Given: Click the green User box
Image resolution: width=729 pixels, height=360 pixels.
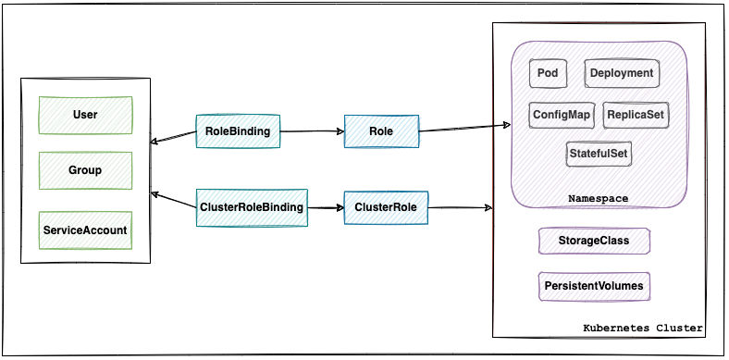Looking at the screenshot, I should click(85, 115).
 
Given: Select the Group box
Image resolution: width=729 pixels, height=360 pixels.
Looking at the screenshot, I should click(85, 170).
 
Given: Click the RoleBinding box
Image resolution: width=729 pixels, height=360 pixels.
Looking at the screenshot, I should click(238, 131).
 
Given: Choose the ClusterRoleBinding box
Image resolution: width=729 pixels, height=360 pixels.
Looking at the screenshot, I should click(252, 207).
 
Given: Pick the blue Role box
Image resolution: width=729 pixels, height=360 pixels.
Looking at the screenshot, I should click(380, 131).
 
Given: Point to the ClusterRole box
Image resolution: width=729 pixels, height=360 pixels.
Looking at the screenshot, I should click(385, 207).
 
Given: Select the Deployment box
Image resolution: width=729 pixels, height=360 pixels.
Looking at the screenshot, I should click(621, 73).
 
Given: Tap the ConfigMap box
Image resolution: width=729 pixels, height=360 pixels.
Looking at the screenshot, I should click(562, 115).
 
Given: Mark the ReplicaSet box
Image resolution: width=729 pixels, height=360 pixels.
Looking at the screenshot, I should click(635, 115).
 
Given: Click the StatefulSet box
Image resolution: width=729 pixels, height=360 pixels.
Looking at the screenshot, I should click(599, 153).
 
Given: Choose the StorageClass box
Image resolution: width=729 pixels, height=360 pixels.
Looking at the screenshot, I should click(594, 241).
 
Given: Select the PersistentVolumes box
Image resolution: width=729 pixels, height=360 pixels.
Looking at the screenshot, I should click(594, 286).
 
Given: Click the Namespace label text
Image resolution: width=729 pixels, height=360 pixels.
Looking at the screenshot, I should click(598, 199).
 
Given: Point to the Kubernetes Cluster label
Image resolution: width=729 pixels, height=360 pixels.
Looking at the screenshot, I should click(642, 329).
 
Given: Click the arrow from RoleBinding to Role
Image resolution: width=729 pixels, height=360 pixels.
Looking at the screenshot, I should click(312, 131).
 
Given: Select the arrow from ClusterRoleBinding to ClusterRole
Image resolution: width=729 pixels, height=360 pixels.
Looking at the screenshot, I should click(325, 208).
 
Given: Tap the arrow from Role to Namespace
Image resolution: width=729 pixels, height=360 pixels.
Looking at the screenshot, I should click(463, 128).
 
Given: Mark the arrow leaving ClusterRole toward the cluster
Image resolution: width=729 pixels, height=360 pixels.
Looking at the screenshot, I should click(459, 208).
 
